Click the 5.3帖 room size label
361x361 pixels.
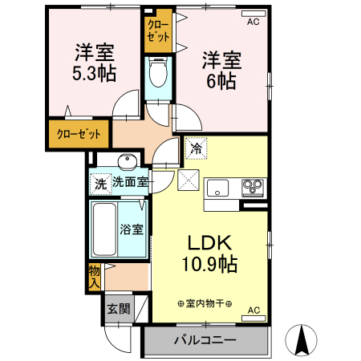(x=95, y=74)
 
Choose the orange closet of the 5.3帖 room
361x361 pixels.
(x=78, y=134)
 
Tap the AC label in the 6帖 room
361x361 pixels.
(x=253, y=22)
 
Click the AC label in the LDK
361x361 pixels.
(x=253, y=310)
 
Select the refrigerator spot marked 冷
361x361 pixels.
(x=195, y=147)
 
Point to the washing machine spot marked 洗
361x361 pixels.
(x=99, y=183)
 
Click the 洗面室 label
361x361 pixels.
(x=129, y=182)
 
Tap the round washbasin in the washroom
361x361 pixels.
(x=124, y=159)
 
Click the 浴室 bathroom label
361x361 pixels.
(x=132, y=229)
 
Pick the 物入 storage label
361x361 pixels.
(x=95, y=276)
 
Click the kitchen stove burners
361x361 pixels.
(x=254, y=188)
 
